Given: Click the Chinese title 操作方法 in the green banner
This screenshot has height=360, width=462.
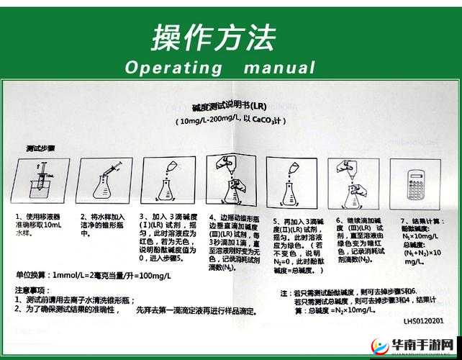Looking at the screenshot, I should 213,37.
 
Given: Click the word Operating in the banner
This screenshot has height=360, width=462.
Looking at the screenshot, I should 173,68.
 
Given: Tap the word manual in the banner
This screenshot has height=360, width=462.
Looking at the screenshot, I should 279,68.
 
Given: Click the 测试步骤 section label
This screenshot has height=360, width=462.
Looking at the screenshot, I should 40,148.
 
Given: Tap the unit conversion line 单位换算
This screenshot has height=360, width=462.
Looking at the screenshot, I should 101,276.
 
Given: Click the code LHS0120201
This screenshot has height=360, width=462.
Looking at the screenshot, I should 423,321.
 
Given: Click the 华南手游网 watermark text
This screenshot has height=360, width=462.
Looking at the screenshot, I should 425,344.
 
